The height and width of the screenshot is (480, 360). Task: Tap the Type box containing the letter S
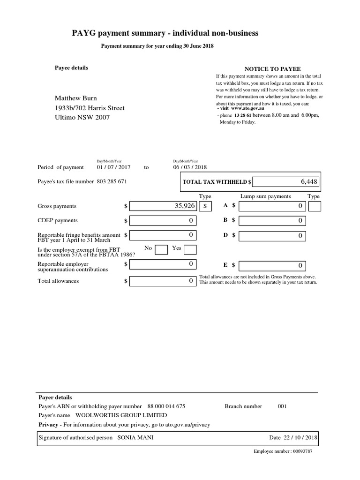click(x=205, y=206)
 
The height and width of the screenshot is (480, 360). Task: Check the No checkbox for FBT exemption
click(x=161, y=249)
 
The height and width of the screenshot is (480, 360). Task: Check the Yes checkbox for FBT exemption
click(x=190, y=249)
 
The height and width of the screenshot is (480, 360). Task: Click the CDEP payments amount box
click(x=163, y=220)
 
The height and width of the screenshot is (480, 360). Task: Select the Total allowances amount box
click(x=163, y=281)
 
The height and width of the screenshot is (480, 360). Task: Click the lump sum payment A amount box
click(x=272, y=206)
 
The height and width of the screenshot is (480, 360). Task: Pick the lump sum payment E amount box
click(x=272, y=265)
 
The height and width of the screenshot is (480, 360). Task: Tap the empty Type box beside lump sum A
click(x=315, y=206)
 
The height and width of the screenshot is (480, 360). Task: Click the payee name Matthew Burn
click(x=76, y=98)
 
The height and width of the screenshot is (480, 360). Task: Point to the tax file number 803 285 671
click(x=112, y=181)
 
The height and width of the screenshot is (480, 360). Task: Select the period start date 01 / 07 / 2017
click(x=113, y=167)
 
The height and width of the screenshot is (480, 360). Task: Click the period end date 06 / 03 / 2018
click(x=190, y=167)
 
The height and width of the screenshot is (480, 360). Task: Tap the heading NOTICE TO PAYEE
click(x=272, y=69)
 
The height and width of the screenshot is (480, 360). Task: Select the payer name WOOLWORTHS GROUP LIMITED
click(x=121, y=415)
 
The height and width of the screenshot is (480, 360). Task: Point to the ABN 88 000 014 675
click(x=166, y=406)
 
